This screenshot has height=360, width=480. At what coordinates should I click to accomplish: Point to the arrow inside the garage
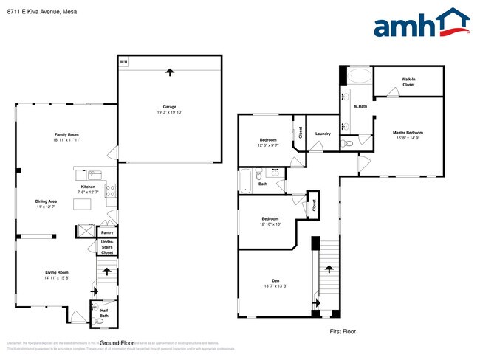[x=170, y=72]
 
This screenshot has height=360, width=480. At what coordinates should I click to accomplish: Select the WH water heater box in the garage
[x=123, y=61]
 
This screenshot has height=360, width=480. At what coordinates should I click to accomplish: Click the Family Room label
[x=66, y=134]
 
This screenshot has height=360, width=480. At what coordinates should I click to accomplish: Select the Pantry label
[x=107, y=231]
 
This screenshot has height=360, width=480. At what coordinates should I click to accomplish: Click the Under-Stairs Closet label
[x=107, y=248]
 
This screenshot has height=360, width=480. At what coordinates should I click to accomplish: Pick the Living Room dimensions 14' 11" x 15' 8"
[x=55, y=278]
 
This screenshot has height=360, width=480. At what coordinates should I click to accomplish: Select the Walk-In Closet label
[x=408, y=82]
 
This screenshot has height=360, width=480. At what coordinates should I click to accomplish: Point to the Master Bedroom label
[x=408, y=133]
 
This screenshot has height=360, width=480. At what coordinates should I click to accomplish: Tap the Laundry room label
[x=322, y=134]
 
